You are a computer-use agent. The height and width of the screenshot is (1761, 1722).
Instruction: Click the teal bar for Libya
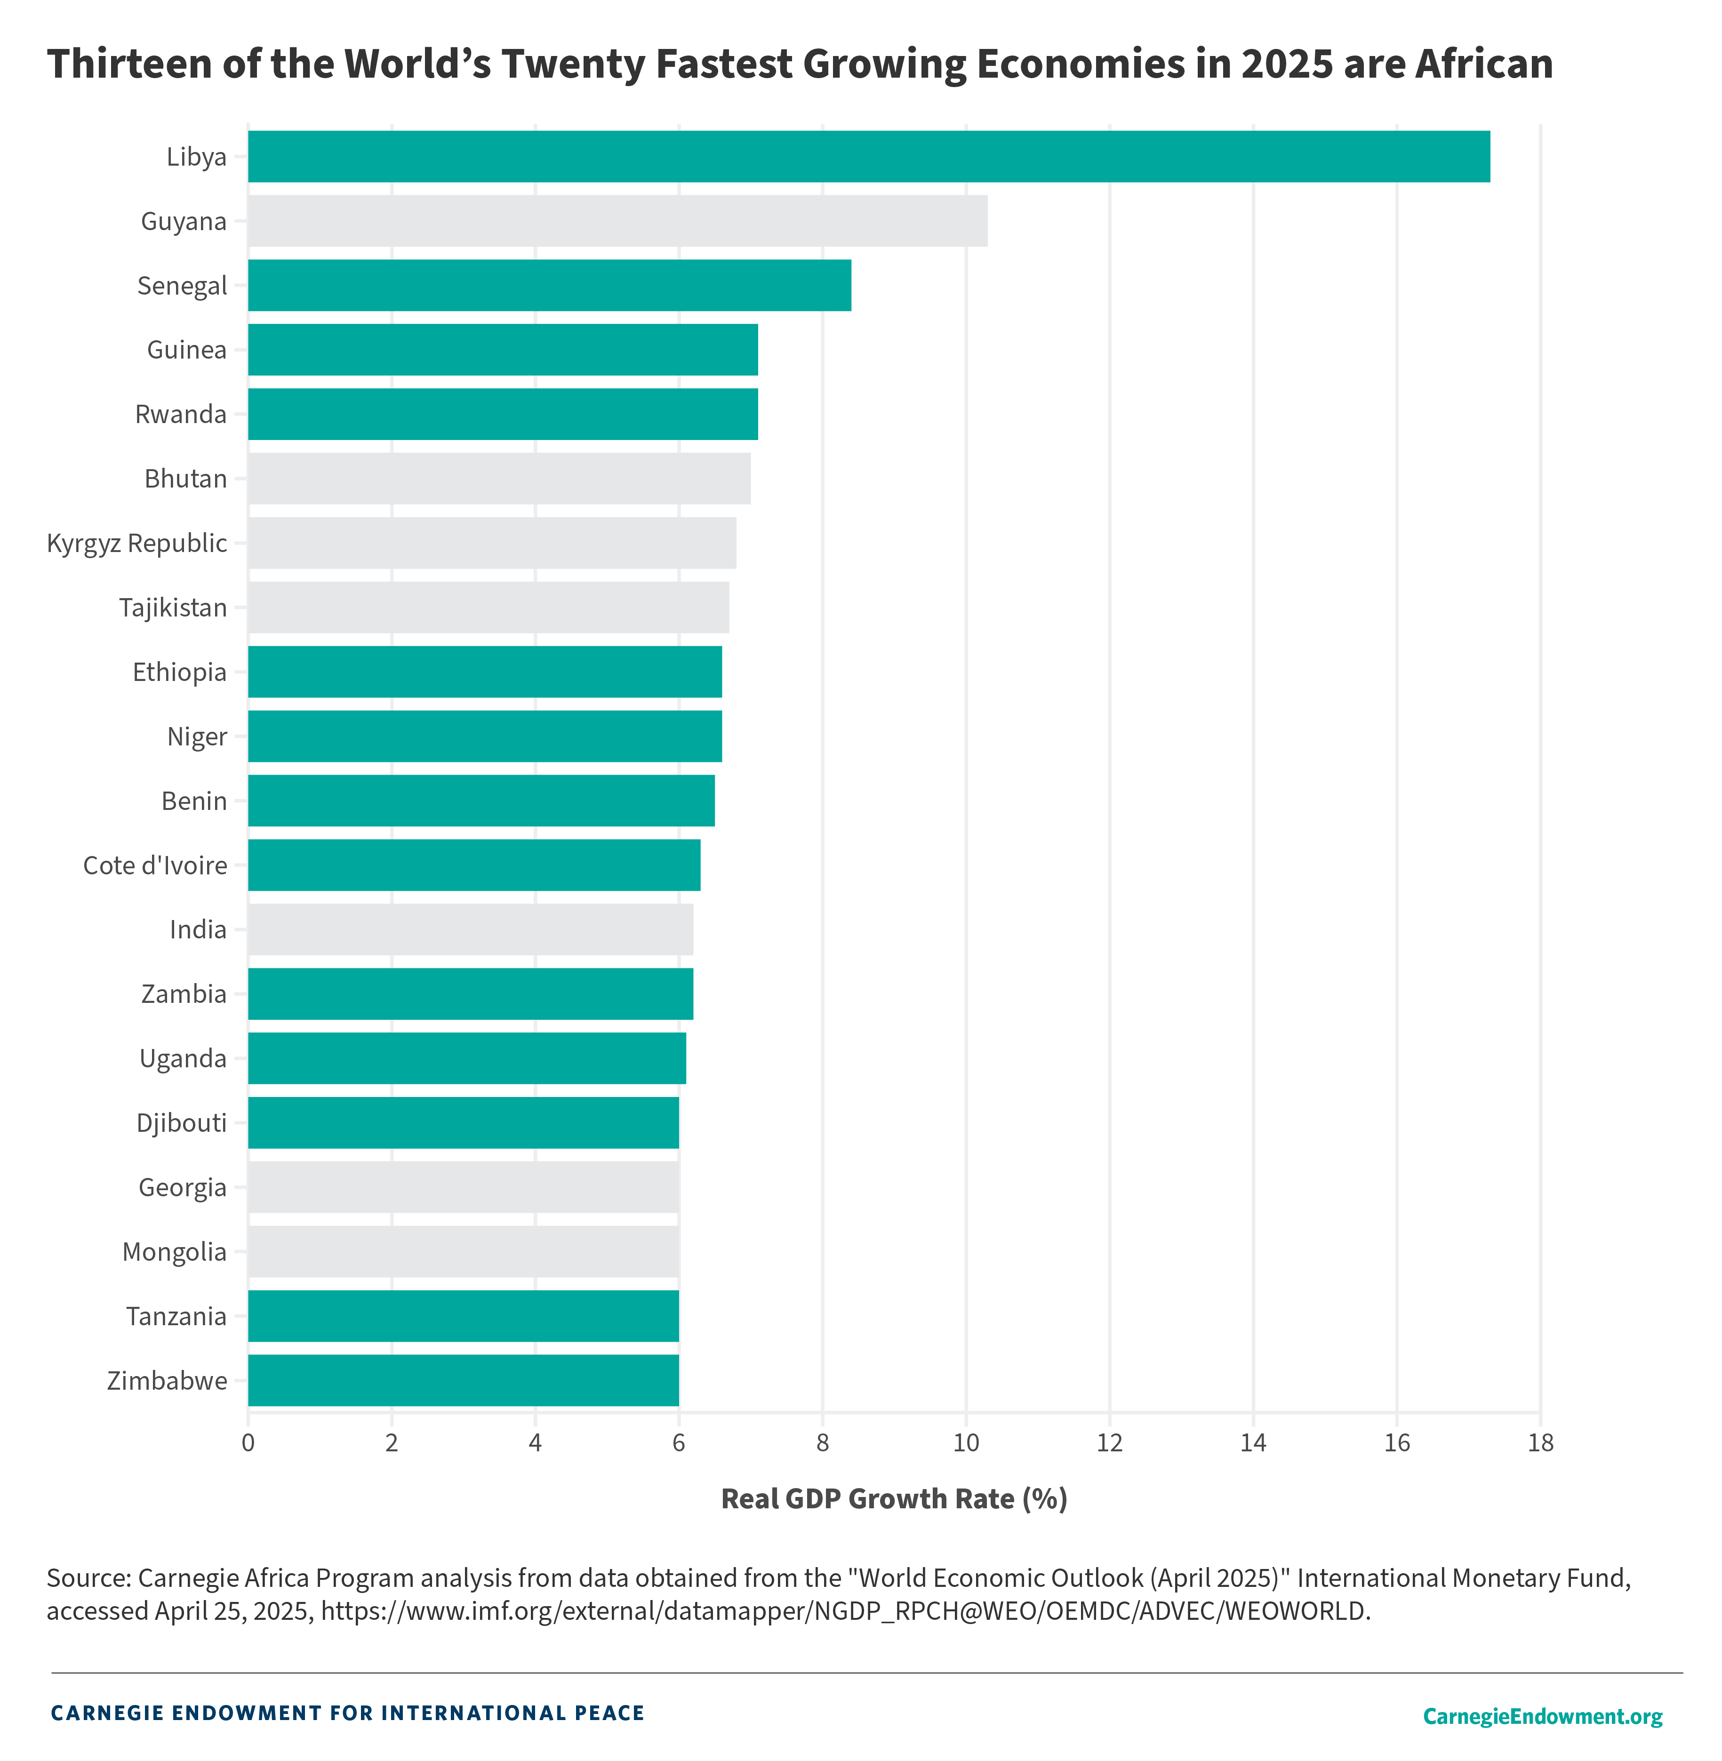coord(868,156)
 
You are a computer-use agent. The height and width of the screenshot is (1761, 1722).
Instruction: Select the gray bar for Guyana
coord(618,221)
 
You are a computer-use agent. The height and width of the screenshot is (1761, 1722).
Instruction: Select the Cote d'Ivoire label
coord(155,865)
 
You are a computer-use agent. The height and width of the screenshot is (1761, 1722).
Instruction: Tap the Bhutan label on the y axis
coord(185,479)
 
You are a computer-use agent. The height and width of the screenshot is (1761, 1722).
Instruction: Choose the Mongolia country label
coord(175,1252)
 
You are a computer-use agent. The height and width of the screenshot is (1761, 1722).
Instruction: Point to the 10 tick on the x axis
coord(966,1442)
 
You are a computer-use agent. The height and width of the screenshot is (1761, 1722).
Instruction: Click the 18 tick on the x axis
coord(1540,1442)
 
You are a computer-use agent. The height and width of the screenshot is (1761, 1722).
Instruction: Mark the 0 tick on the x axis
coord(248,1442)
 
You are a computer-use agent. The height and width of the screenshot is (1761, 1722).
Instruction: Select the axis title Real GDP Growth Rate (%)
coord(894,1499)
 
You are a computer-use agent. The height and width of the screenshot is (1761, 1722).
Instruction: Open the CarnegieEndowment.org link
coord(1542,1716)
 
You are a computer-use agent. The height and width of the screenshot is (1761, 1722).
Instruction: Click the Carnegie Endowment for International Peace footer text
coord(347,1713)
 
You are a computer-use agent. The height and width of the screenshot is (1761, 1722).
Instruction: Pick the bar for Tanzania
coord(463,1316)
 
